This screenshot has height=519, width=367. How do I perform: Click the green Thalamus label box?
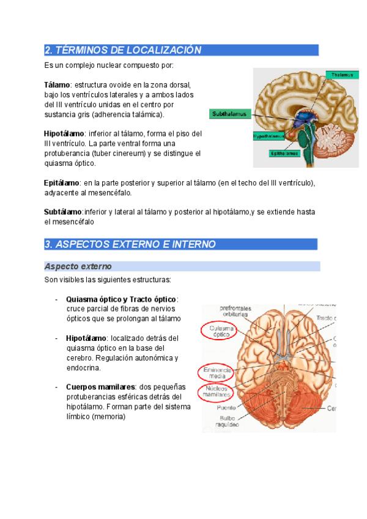(x=342, y=75)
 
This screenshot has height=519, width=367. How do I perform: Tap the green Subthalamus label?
(x=230, y=114)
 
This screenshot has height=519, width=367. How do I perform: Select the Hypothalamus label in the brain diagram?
(x=269, y=136)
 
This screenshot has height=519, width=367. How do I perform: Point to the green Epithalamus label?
(x=285, y=154)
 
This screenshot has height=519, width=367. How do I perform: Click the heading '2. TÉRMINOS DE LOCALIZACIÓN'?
(x=123, y=50)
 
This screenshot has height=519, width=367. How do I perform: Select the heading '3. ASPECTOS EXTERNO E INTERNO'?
(x=130, y=244)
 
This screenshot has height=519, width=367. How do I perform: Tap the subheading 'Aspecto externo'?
(x=78, y=266)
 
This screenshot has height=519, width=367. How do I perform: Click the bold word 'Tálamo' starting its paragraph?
(x=57, y=84)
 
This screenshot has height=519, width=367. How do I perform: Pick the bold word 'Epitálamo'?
(x=62, y=182)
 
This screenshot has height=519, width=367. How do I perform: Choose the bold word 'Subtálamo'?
(x=62, y=212)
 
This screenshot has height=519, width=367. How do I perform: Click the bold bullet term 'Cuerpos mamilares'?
(x=100, y=387)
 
